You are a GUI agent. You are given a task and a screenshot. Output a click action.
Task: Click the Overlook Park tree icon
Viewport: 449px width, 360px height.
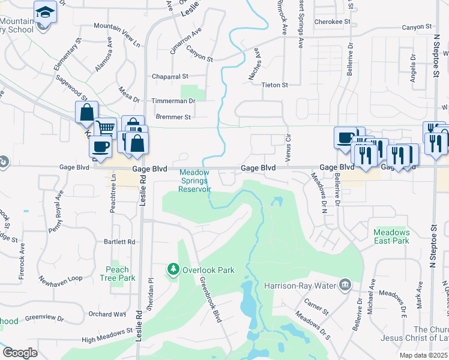tap(173, 269)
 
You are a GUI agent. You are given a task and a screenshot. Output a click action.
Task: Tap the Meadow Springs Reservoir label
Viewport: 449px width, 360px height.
tap(195, 181)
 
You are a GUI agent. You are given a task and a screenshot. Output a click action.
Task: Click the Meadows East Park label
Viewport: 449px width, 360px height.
tap(391, 236)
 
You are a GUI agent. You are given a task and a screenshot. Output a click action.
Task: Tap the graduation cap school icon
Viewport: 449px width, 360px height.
tap(44, 12)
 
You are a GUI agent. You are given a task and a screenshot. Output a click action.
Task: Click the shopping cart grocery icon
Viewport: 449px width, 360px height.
tap(105, 128)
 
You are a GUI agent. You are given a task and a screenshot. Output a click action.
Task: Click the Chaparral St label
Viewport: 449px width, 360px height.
tap(171, 77)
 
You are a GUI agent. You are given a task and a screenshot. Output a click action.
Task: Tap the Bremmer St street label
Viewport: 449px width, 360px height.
tap(173, 117)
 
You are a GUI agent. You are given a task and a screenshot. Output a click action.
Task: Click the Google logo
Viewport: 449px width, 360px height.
tap(20, 353)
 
